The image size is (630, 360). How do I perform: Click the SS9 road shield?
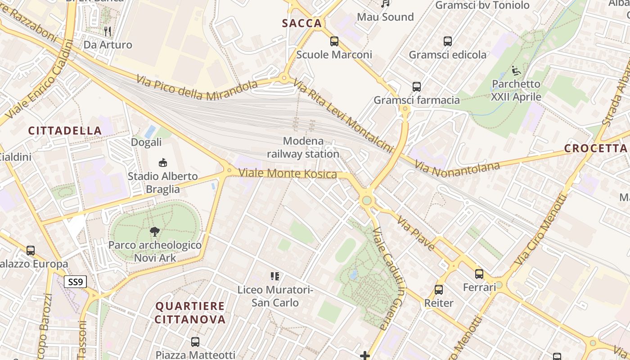point(75,282)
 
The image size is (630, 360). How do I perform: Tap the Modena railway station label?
point(303,148)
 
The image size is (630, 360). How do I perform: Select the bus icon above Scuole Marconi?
point(334,41)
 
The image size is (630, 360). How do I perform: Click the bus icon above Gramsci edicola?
point(448,41)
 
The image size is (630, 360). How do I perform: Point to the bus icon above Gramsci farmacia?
point(417,86)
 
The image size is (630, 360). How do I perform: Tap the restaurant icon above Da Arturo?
point(108,31)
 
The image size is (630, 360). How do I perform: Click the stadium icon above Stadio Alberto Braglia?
point(163,162)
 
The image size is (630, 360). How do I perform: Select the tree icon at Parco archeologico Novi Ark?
point(155,232)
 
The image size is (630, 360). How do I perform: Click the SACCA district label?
point(302,23)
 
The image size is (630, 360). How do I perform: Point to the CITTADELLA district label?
point(65,130)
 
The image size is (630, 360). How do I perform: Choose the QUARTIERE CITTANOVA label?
point(190,313)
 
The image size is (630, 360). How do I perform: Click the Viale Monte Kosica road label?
point(288,173)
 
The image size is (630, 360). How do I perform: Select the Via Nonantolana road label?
point(458,169)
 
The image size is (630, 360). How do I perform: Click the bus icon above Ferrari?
point(479,274)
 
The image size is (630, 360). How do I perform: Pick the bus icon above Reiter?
point(439,290)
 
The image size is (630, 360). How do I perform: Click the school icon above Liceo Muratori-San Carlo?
point(275,276)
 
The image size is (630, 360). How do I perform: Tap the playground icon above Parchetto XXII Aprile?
point(516,71)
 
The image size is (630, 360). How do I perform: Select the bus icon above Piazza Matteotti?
point(195,342)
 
